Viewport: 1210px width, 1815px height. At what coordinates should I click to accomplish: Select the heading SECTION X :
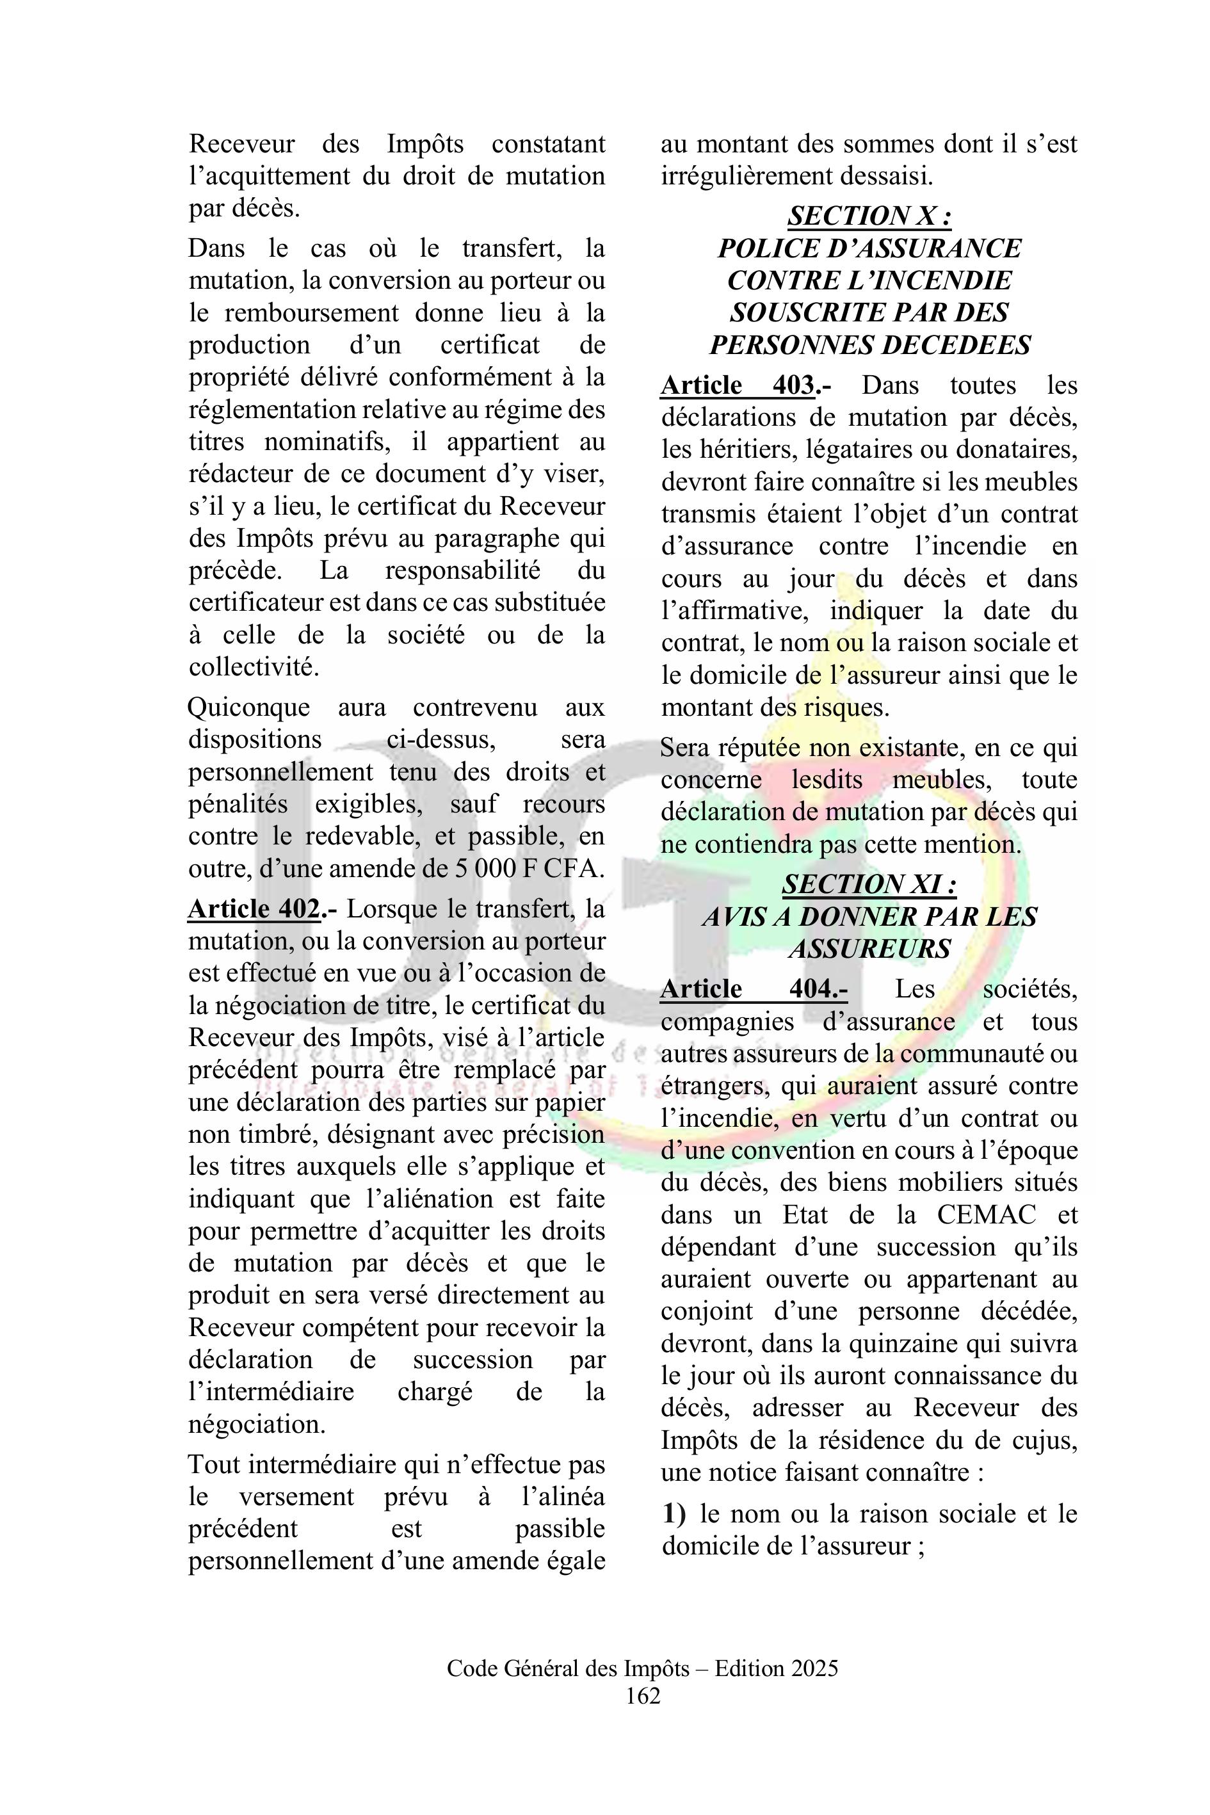point(869,216)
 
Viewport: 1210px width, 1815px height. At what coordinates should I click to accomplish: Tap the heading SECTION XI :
point(869,884)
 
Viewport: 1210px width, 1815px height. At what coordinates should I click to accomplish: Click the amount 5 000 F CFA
point(526,869)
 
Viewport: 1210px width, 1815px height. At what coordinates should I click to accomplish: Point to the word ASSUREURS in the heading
point(869,948)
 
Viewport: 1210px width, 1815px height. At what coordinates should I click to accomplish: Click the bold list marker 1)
point(674,1514)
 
